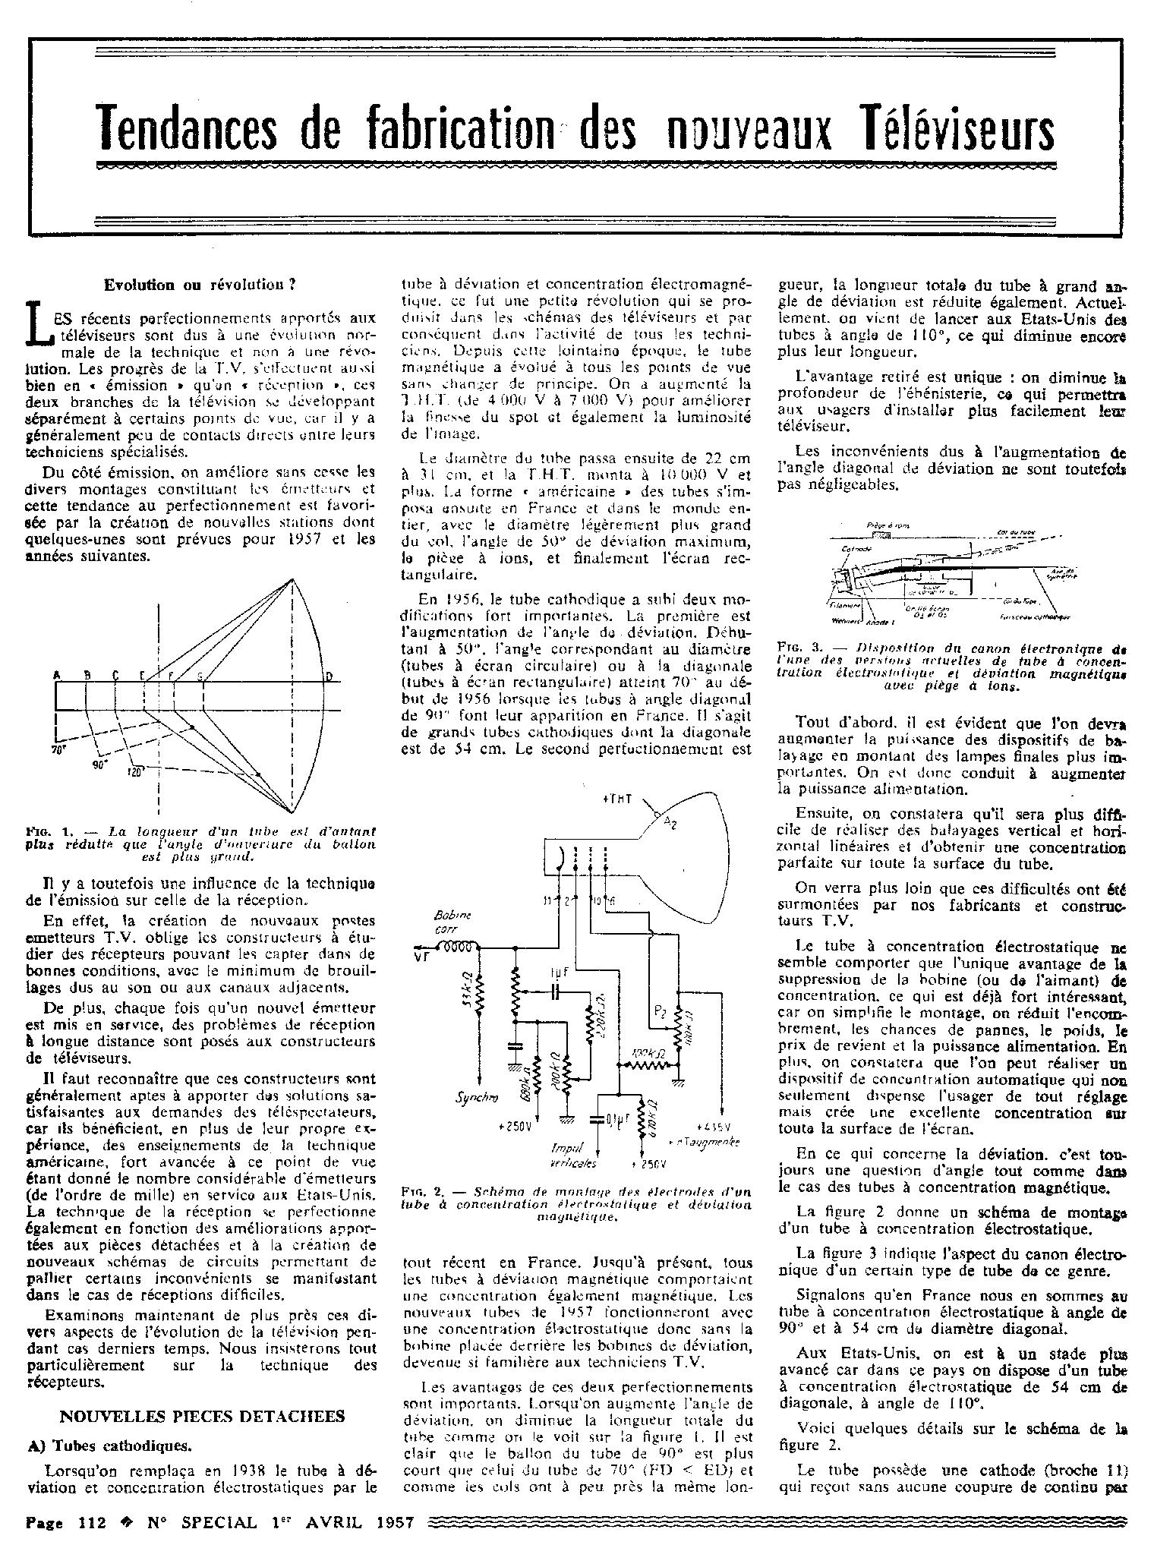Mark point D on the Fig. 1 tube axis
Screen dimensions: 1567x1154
[329, 676]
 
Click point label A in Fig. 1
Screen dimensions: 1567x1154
[57, 675]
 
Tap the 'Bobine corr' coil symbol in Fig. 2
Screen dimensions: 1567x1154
[460, 947]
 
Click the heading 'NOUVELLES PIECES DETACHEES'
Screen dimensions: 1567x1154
[203, 1416]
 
